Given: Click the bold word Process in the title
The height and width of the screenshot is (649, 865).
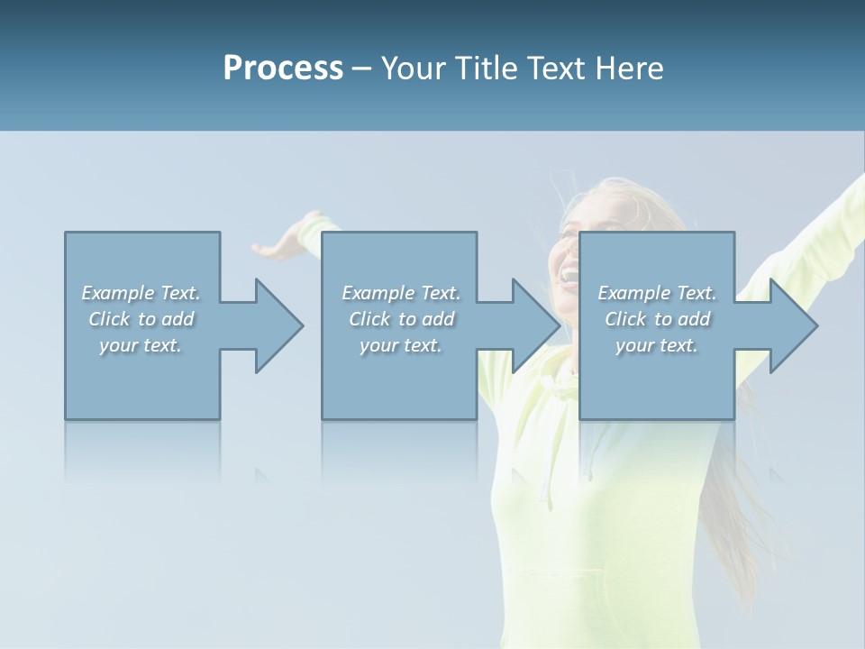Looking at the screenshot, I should [x=283, y=69].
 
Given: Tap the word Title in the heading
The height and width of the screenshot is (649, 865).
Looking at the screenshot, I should [x=482, y=69].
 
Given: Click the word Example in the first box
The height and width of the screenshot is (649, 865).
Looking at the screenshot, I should [x=118, y=293].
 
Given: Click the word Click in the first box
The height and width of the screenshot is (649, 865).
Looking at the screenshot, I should [x=109, y=319].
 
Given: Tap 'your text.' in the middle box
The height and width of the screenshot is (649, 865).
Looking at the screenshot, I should [x=400, y=345].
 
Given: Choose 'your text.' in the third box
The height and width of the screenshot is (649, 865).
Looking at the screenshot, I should [x=656, y=345].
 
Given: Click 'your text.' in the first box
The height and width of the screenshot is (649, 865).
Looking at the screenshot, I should [x=140, y=345].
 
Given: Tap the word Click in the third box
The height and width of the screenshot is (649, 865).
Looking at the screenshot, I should [x=625, y=319].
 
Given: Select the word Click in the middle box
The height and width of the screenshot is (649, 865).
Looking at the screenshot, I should [x=369, y=319].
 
